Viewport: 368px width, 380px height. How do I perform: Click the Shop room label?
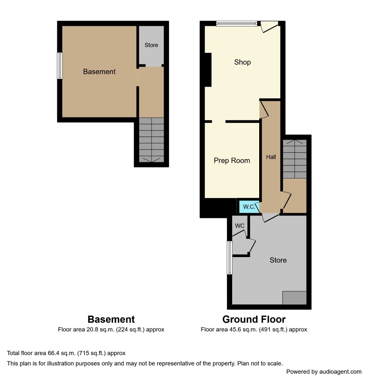pos(243,62)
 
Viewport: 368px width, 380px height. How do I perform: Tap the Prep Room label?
pos(232,160)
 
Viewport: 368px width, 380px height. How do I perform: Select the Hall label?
pos(271,157)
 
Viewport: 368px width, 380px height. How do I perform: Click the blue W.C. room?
pos(249,207)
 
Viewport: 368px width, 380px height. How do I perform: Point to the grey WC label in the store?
pos(240,226)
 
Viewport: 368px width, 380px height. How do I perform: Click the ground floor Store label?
pos(278,260)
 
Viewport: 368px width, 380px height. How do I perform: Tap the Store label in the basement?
pos(151,45)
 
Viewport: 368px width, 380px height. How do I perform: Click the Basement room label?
pos(99,72)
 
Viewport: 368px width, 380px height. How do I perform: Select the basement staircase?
pos(151,140)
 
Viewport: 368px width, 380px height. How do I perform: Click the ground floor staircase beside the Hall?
pos(295,159)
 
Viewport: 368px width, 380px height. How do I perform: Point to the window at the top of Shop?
pos(237,24)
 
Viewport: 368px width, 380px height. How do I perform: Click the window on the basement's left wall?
pos(60,66)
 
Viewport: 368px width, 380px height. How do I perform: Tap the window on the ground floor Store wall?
pos(230,257)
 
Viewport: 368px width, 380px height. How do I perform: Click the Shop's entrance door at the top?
pos(269,27)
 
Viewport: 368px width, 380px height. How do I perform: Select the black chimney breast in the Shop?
pos(208,70)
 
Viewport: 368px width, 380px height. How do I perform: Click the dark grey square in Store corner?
pos(294,298)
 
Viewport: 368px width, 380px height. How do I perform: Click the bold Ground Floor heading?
pos(254,319)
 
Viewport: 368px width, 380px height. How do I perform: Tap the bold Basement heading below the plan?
pos(111,319)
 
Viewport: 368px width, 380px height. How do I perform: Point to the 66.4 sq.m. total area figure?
pos(61,353)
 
